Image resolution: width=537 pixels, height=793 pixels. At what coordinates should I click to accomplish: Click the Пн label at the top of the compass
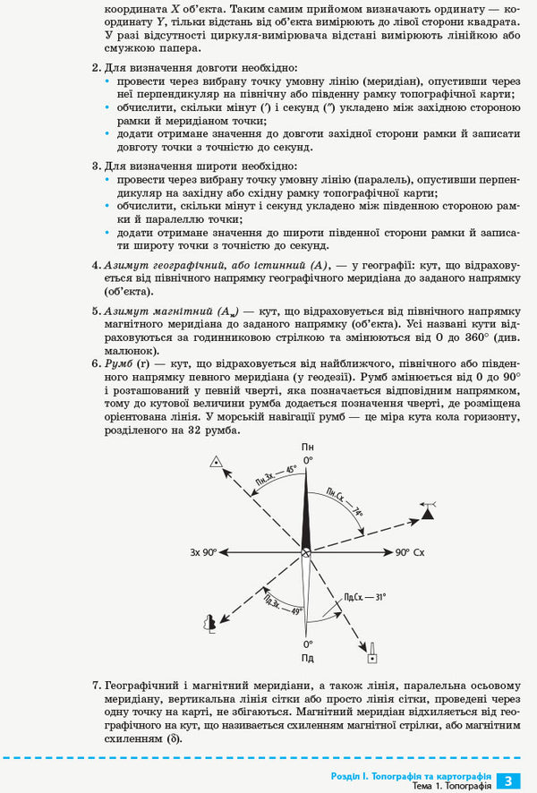click(308, 447)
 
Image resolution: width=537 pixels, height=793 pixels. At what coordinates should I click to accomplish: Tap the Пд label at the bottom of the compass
click(308, 658)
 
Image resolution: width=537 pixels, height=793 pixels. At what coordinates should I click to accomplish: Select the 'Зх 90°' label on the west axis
click(203, 552)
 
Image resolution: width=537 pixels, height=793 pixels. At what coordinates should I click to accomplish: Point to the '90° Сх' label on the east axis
click(410, 552)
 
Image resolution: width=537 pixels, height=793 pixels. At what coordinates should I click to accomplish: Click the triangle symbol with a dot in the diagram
click(215, 462)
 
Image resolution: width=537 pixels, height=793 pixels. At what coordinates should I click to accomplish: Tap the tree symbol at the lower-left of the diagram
click(210, 623)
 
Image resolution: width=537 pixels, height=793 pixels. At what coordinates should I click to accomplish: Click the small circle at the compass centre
click(307, 553)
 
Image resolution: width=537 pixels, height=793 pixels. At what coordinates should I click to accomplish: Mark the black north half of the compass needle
click(307, 510)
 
